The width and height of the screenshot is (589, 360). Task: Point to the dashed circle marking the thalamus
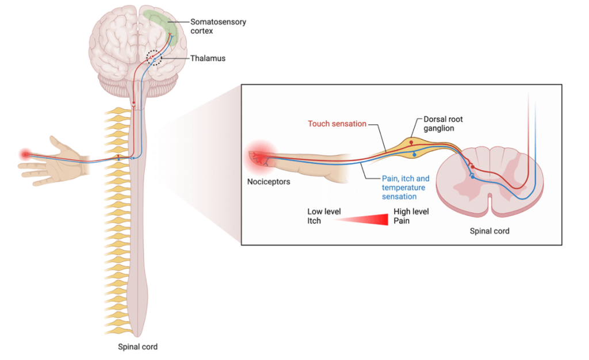(x=154, y=58)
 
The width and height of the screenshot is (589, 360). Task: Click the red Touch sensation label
(x=337, y=124)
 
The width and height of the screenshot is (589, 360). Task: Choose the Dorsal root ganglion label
(x=443, y=124)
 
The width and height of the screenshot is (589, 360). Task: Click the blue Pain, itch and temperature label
(x=406, y=187)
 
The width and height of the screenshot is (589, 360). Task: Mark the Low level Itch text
(x=324, y=216)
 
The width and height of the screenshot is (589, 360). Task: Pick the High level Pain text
(x=411, y=216)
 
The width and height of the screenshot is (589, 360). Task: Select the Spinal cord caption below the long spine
(x=137, y=347)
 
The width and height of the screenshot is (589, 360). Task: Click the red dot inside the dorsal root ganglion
(x=411, y=141)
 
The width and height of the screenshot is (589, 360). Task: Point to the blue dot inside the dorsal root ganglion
(x=414, y=155)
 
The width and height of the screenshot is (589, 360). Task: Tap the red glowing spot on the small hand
(x=25, y=154)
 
